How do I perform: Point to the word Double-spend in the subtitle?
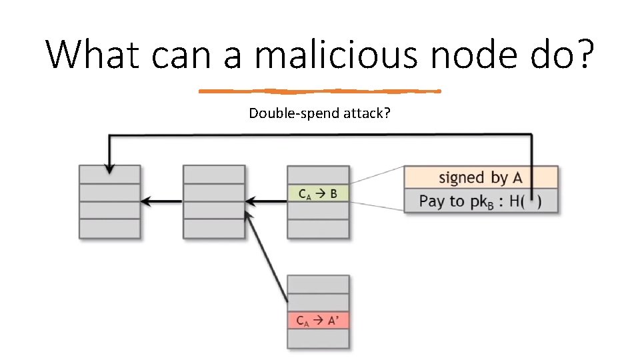tap(294, 113)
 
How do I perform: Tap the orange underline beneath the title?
tap(320, 91)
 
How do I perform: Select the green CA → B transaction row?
tap(317, 194)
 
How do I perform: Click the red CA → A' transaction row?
tap(317, 320)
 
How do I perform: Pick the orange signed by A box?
tap(481, 177)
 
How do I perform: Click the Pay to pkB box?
tap(481, 201)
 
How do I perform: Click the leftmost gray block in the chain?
tap(109, 201)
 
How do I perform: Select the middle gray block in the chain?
tap(213, 201)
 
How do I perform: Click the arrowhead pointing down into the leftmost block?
tap(109, 169)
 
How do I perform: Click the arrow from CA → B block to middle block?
tap(265, 201)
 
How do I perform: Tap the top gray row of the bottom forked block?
tap(317, 284)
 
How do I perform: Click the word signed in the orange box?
tap(461, 177)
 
